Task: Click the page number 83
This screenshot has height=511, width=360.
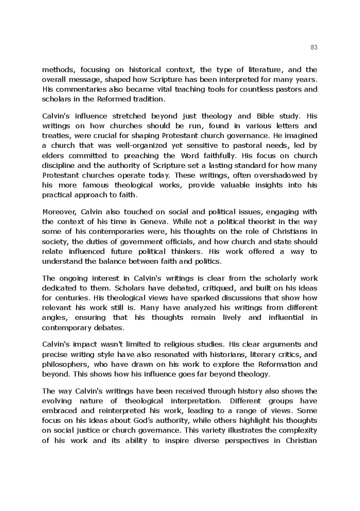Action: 314,47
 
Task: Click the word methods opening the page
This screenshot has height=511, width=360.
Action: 58,70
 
